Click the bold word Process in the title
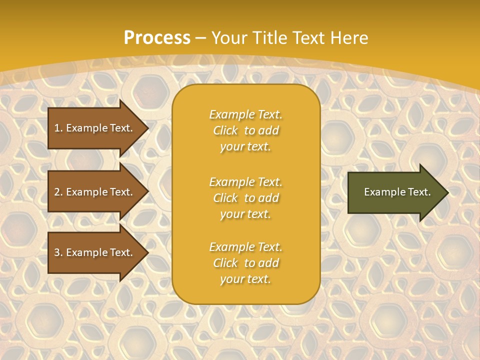[x=157, y=38]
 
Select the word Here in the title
[x=349, y=38]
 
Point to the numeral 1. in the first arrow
[x=58, y=128]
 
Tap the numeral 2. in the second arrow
[x=58, y=192]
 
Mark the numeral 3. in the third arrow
[x=58, y=252]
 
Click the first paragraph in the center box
[x=245, y=130]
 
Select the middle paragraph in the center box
[x=245, y=198]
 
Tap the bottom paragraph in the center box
[x=245, y=263]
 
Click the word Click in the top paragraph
[x=225, y=130]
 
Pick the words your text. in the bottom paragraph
[x=245, y=279]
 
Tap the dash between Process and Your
[x=201, y=38]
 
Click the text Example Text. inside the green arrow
[x=397, y=192]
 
